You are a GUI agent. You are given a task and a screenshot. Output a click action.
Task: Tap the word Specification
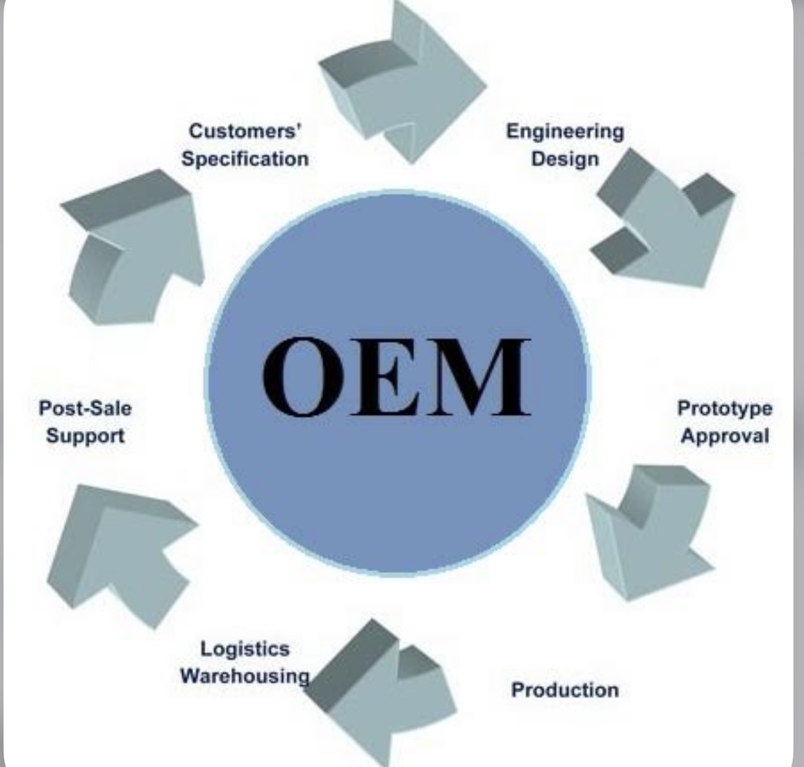click(245, 158)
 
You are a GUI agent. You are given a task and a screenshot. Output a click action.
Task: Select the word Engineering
click(565, 132)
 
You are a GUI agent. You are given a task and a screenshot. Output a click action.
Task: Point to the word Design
click(565, 158)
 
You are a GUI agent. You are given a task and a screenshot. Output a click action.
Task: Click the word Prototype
click(724, 409)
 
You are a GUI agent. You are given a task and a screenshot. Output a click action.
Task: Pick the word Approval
click(724, 436)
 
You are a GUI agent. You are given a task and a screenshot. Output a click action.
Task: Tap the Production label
click(565, 689)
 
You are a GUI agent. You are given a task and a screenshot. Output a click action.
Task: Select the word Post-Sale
click(85, 409)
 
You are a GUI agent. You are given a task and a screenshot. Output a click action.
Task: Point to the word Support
click(85, 436)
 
